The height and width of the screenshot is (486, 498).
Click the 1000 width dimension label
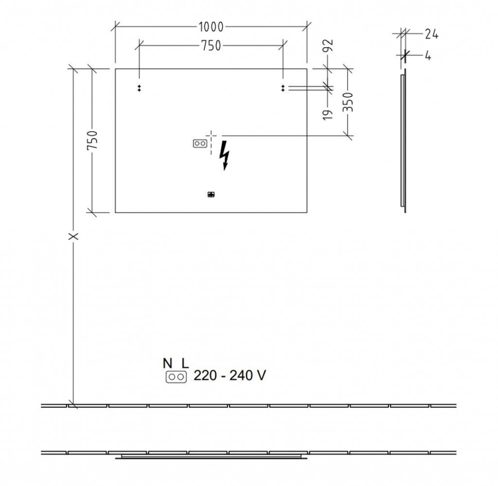click(211, 27)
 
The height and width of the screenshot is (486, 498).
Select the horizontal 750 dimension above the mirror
click(211, 46)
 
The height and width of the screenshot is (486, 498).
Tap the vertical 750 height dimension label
click(92, 141)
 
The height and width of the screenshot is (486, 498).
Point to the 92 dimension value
click(329, 45)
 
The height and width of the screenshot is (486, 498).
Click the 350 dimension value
click(348, 102)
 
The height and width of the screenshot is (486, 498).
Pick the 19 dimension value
click(328, 114)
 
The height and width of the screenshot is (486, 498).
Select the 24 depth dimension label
click(432, 34)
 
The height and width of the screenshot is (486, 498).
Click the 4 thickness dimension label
click(428, 56)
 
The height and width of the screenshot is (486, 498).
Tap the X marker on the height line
click(74, 236)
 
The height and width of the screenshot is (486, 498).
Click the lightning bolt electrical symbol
click(225, 155)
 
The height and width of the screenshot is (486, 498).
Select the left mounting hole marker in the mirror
click(139, 89)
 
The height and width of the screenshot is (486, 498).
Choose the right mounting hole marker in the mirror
click(283, 89)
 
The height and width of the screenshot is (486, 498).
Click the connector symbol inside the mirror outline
click(200, 144)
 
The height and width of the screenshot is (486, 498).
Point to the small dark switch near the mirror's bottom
click(211, 195)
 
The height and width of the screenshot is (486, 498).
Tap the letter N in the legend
click(168, 363)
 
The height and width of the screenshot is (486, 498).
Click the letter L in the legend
click(185, 363)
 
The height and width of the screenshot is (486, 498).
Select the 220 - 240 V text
click(230, 376)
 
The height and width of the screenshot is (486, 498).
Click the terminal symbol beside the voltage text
click(176, 377)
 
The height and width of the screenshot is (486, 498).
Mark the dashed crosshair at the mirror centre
click(212, 136)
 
